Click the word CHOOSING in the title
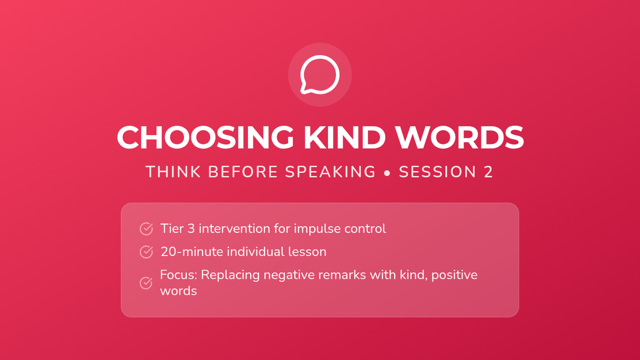click(205, 138)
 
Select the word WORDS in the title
click(460, 138)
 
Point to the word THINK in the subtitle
click(173, 172)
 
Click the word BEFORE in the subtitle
click(243, 172)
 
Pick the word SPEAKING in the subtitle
click(330, 172)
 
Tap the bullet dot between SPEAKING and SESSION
click(387, 173)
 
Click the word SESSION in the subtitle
click(437, 172)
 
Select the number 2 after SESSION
click(489, 172)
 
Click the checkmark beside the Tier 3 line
click(146, 229)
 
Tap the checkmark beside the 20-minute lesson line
click(146, 252)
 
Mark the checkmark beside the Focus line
click(146, 283)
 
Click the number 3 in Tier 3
click(191, 229)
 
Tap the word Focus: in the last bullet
click(179, 275)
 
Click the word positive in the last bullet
click(454, 275)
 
